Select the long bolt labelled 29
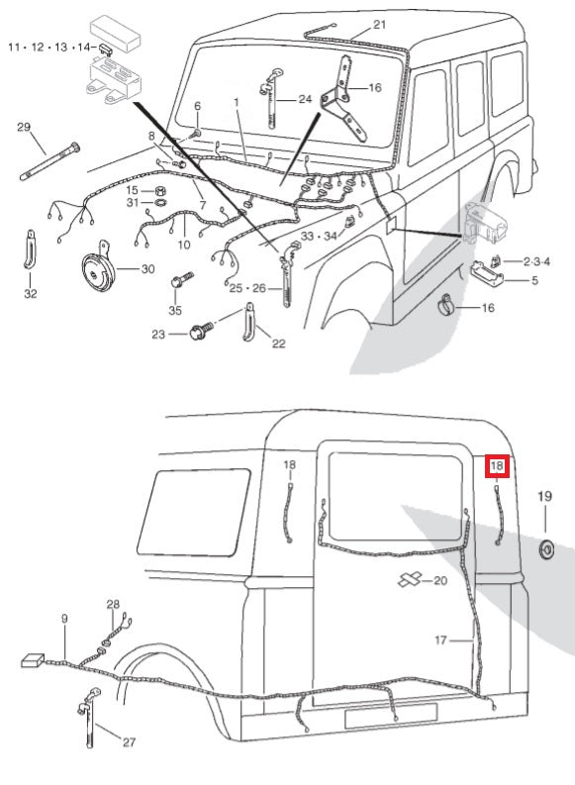click(x=49, y=161)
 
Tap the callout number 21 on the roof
click(x=380, y=25)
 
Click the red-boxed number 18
click(x=497, y=466)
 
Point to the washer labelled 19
click(x=546, y=549)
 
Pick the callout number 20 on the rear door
click(x=439, y=581)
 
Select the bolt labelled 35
click(x=182, y=279)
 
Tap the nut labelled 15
click(x=159, y=191)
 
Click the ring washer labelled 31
click(x=160, y=203)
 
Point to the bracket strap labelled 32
click(x=30, y=249)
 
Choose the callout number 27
click(x=129, y=742)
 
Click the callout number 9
click(x=64, y=619)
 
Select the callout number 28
click(x=113, y=604)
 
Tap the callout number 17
click(x=440, y=640)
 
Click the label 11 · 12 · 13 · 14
click(x=49, y=48)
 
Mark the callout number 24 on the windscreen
click(x=305, y=99)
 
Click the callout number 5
click(x=535, y=280)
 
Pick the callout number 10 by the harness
click(x=184, y=245)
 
